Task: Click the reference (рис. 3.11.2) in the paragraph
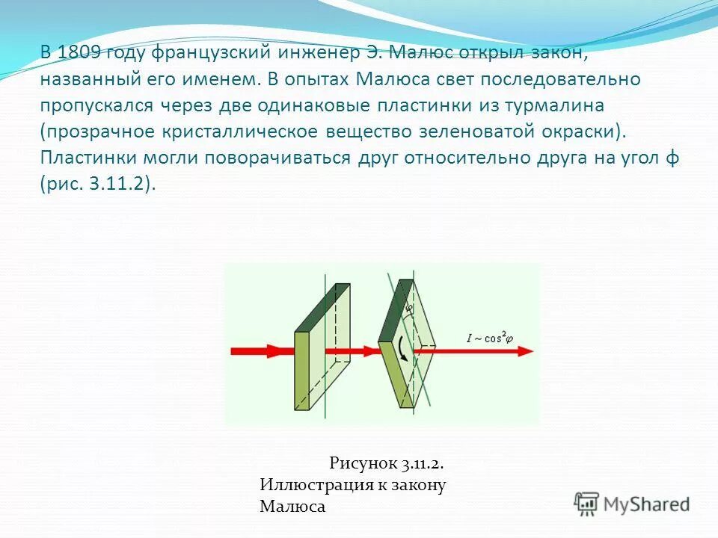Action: (98, 185)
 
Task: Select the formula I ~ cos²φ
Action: (490, 338)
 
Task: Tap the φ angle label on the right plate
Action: (409, 307)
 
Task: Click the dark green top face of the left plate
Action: (322, 306)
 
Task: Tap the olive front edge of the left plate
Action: (302, 371)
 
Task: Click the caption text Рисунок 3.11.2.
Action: (391, 463)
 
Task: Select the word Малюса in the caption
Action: (292, 507)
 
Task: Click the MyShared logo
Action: (631, 504)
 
